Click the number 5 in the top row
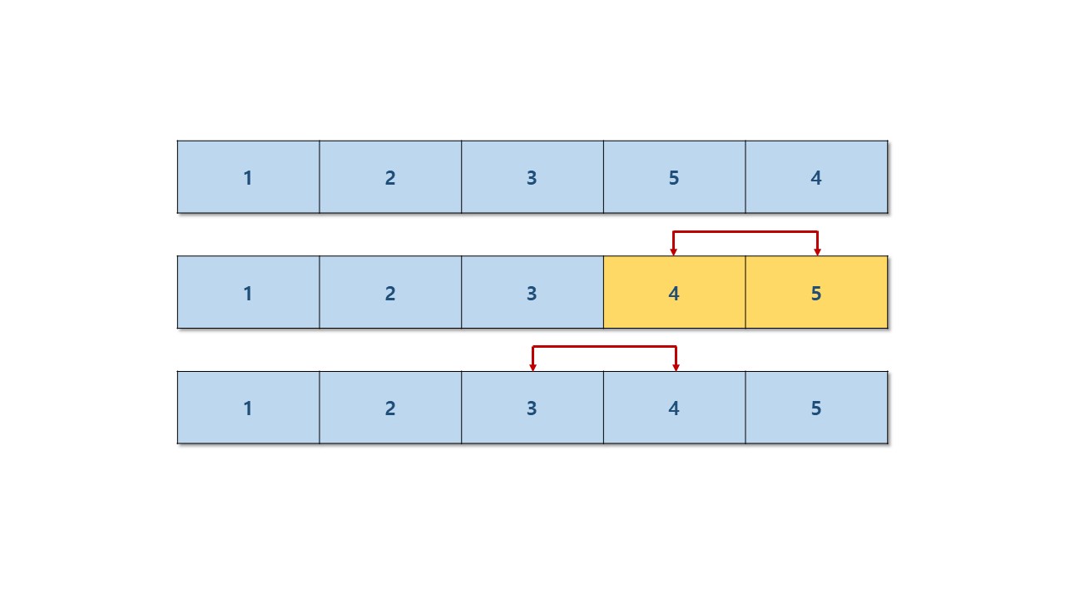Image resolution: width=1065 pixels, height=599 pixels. point(674,177)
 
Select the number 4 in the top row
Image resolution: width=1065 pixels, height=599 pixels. point(816,177)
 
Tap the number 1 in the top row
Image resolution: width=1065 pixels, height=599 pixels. point(248,177)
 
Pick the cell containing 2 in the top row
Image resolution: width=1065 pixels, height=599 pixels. point(390,177)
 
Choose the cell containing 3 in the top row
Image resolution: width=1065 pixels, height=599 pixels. point(532,177)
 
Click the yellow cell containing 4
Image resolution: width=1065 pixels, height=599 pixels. point(674,293)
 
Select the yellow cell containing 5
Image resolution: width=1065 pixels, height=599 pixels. point(816,293)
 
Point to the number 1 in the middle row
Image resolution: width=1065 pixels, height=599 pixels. point(248,293)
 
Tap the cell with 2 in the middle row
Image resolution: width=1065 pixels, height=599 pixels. point(390,293)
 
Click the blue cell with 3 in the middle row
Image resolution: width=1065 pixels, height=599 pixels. point(532,293)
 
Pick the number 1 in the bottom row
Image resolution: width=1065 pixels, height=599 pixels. point(248,408)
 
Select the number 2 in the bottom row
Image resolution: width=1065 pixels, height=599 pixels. point(390,408)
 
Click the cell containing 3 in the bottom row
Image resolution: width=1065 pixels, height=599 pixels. point(532,408)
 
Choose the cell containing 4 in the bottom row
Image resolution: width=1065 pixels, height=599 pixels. point(674,408)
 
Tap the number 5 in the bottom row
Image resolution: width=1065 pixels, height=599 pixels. point(816,408)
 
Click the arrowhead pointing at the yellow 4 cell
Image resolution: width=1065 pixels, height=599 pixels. point(674,251)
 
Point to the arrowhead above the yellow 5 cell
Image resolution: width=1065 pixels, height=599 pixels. point(818,251)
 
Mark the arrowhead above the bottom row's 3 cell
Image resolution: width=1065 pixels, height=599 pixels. point(532,367)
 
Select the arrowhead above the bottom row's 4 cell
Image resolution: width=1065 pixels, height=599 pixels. point(676,367)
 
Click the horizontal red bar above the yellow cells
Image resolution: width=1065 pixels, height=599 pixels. point(745,231)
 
